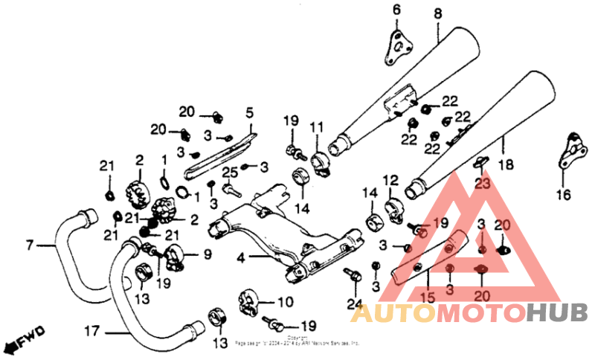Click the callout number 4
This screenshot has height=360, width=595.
point(241,259)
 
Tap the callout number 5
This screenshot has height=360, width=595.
point(250,114)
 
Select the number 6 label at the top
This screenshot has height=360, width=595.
point(396,10)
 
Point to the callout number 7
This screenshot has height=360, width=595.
point(30,244)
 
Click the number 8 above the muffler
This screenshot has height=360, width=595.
point(437,13)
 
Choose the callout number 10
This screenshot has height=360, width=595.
point(285,303)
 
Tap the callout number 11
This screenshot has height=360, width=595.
point(317,126)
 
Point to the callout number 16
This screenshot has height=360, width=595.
point(562,196)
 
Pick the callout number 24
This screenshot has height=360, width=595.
point(354,303)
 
